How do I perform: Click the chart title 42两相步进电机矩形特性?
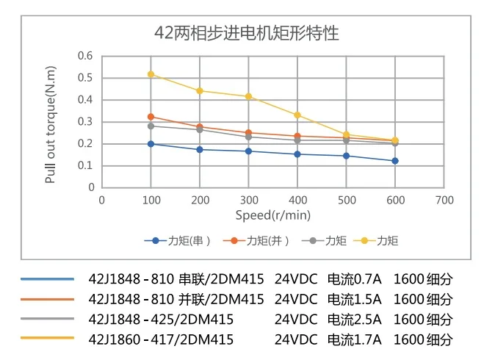(247, 33)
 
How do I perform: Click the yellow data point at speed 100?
(151, 74)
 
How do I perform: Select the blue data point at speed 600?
(395, 161)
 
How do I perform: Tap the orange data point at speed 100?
(151, 117)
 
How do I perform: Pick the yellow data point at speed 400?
(297, 115)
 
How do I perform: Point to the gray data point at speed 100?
(151, 126)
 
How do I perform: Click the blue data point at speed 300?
(248, 151)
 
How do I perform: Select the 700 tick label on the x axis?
(444, 200)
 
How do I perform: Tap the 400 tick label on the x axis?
(297, 200)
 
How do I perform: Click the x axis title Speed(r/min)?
(272, 215)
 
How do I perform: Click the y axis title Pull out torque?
(51, 123)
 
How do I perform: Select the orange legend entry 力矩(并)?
(260, 240)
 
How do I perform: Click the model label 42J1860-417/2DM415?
(160, 339)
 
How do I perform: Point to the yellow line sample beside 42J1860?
(48, 338)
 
